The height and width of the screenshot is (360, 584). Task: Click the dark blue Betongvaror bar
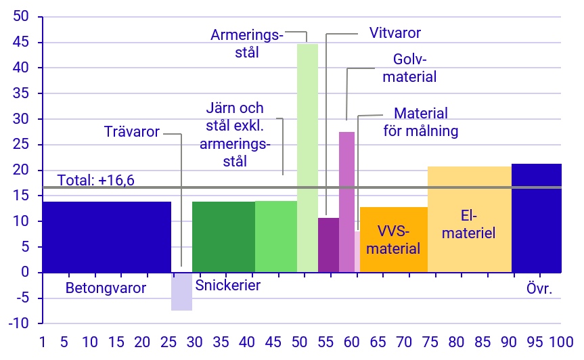[x=106, y=237]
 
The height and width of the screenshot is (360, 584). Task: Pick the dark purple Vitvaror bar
[x=328, y=245]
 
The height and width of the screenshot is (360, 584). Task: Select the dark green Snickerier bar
[x=223, y=237]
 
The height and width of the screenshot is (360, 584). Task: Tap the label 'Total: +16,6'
[x=95, y=180]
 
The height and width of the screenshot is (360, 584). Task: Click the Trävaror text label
[x=132, y=131]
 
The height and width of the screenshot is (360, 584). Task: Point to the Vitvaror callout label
[x=395, y=32]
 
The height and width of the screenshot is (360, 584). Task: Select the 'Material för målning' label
[x=421, y=122]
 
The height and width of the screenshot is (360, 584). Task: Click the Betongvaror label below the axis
[x=106, y=288]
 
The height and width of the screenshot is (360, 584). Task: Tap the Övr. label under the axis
[x=540, y=289]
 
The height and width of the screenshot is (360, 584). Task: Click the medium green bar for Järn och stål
[x=276, y=237]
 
